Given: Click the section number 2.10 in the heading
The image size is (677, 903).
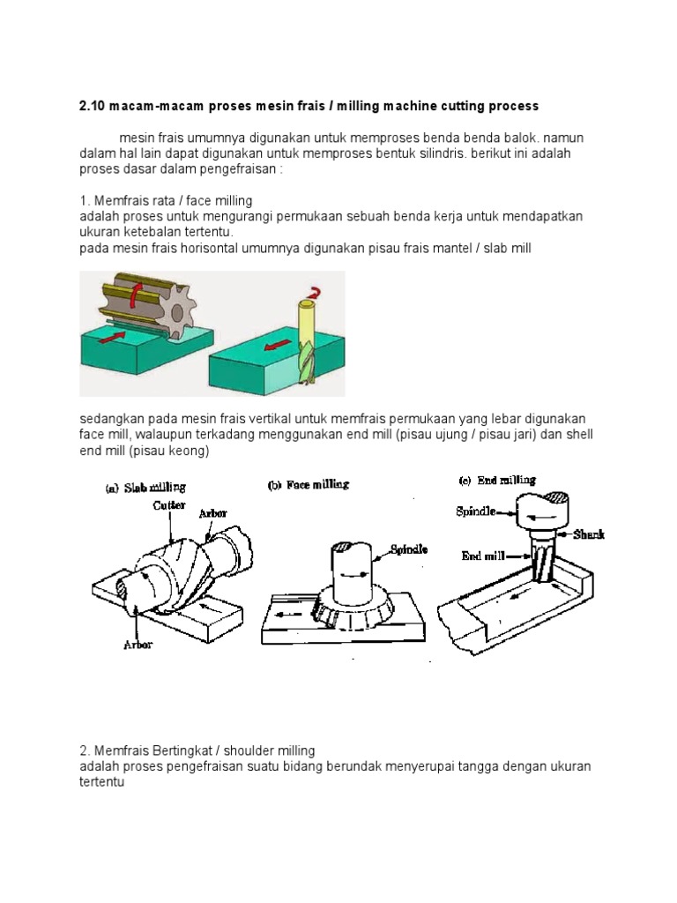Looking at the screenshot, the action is click(92, 106).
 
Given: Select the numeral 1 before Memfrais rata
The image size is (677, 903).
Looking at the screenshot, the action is click(82, 201).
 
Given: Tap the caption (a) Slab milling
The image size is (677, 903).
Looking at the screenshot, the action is click(146, 487).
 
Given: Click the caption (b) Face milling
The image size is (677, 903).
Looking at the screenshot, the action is click(309, 484).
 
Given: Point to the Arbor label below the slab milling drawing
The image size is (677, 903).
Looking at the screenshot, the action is click(138, 645).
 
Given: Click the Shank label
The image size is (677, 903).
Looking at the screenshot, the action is click(589, 534).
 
